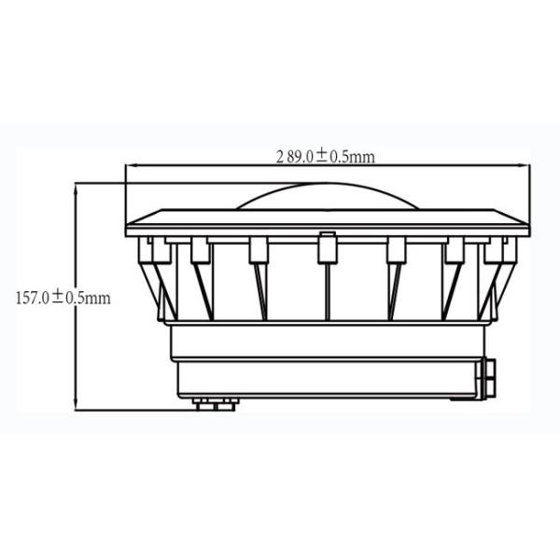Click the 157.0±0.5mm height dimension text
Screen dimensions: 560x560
[x=63, y=298]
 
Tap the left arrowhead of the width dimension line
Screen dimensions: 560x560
[x=130, y=168]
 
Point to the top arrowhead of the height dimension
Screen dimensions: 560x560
[x=75, y=186]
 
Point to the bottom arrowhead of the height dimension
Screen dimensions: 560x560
[x=75, y=406]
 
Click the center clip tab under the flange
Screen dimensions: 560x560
[x=326, y=246]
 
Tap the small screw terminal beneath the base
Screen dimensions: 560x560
[x=213, y=404]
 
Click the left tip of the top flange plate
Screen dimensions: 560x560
[x=128, y=224]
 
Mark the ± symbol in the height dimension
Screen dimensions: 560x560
[x=57, y=298]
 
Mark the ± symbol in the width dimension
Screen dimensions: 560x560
[x=320, y=157]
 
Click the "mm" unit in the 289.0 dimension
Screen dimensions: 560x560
[x=364, y=158]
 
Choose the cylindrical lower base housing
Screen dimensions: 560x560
[x=326, y=359]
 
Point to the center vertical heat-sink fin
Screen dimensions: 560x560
[x=326, y=289]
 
